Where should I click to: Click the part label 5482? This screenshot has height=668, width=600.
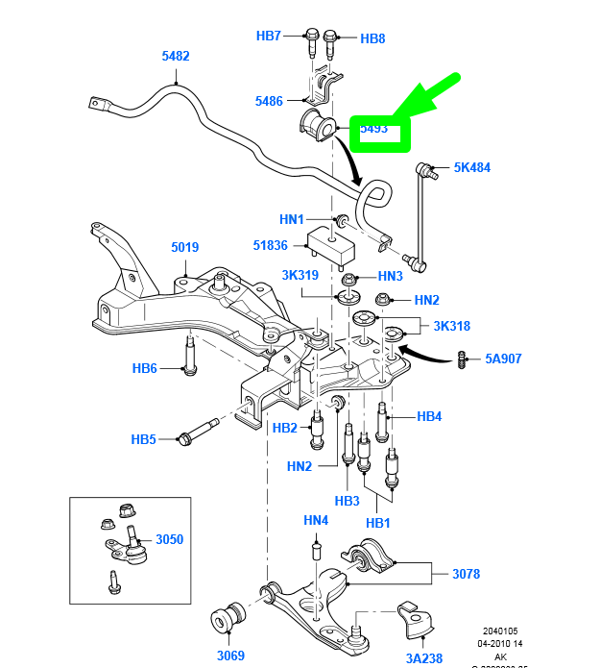176,56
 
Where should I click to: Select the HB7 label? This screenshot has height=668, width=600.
269,37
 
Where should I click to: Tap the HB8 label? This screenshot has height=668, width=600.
372,38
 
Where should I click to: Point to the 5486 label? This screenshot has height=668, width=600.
269,101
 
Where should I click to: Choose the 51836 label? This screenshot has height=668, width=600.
272,245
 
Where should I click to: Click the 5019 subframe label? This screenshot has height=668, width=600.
185,247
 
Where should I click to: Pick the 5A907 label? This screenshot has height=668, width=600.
504,359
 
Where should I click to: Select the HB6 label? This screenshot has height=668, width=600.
144,367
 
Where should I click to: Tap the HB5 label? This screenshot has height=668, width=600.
144,439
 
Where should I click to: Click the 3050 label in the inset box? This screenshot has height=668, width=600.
169,539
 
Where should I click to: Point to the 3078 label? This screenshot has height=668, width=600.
467,574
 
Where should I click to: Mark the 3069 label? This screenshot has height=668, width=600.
230,656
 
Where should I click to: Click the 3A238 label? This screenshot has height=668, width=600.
424,657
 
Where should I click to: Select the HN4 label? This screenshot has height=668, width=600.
316,520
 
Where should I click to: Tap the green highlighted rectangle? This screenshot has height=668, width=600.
380,130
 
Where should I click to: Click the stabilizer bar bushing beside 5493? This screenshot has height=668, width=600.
317,124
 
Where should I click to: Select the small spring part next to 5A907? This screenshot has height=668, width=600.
463,359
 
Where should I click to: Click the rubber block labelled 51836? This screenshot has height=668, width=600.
331,246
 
